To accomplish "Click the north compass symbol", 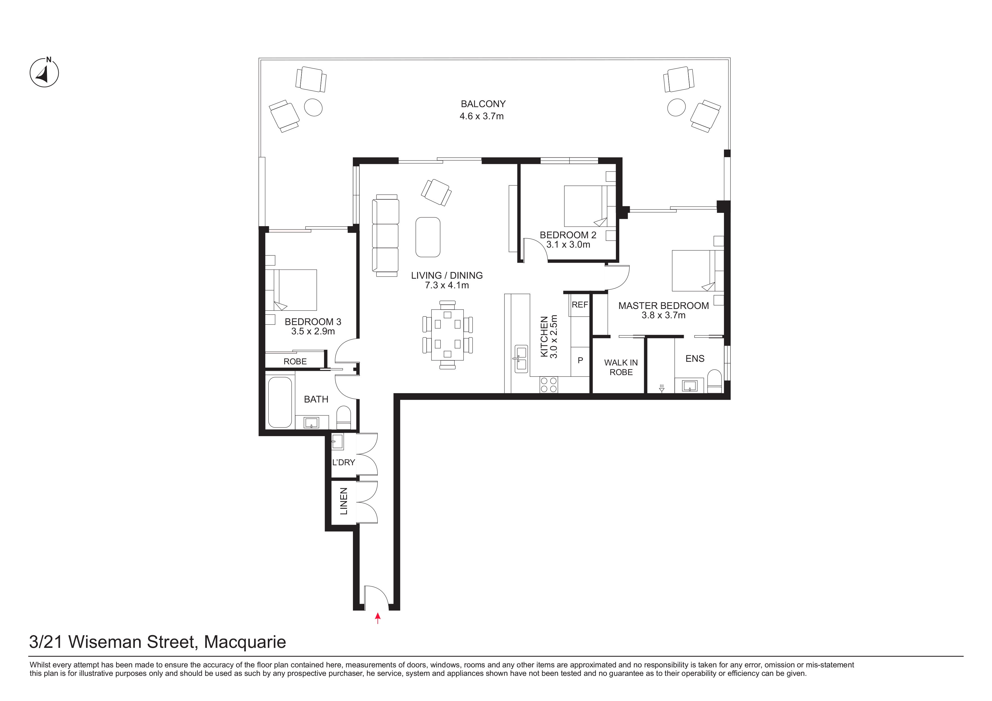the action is click(x=44, y=72).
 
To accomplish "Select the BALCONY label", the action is click(x=483, y=104).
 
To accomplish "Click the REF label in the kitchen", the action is click(x=580, y=305).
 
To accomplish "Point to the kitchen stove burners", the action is click(x=549, y=385).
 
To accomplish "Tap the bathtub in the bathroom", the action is click(x=280, y=403).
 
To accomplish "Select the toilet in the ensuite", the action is click(x=714, y=381).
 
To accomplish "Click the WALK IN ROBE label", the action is click(x=621, y=367).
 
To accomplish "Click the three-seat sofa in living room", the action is click(x=385, y=235).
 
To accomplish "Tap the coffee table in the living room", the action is click(x=428, y=237).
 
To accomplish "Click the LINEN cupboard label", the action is click(x=344, y=501).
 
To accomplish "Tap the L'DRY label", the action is click(x=344, y=462).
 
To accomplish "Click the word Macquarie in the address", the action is click(x=245, y=642).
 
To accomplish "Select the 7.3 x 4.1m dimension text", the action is click(x=447, y=285).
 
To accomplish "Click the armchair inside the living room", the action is click(x=436, y=192).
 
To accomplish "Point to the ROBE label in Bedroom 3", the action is click(x=295, y=362).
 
